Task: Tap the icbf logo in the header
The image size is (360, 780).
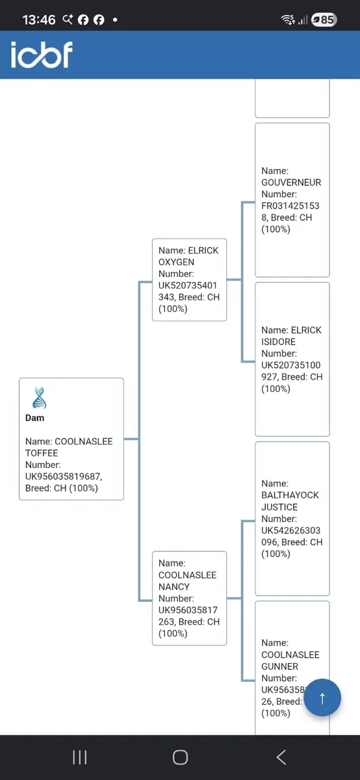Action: pos(42,55)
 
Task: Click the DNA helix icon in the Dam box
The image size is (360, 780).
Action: pos(39,398)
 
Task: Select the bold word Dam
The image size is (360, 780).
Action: pos(35,418)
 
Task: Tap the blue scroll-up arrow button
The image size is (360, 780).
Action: pos(322,697)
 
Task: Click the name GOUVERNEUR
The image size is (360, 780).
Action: pos(291,183)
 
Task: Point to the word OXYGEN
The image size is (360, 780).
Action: pos(176,262)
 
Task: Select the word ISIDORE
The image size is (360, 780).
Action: pos(278,342)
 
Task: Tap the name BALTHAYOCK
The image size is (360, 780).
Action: pos(290,495)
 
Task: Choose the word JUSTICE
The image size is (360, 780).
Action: pos(279,507)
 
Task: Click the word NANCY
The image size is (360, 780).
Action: pos(174,587)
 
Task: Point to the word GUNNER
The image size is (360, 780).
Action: pos(279,666)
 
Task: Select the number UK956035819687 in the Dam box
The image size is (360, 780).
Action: pos(64,476)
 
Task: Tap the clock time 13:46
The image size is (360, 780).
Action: pos(38,20)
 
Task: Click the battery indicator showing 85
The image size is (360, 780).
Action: pos(324,19)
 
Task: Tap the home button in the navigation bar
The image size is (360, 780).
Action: pos(180,757)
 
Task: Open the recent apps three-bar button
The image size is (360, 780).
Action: pos(80,757)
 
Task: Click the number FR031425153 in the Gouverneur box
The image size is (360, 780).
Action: pos(290,206)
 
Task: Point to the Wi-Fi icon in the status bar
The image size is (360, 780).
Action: pos(288,19)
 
